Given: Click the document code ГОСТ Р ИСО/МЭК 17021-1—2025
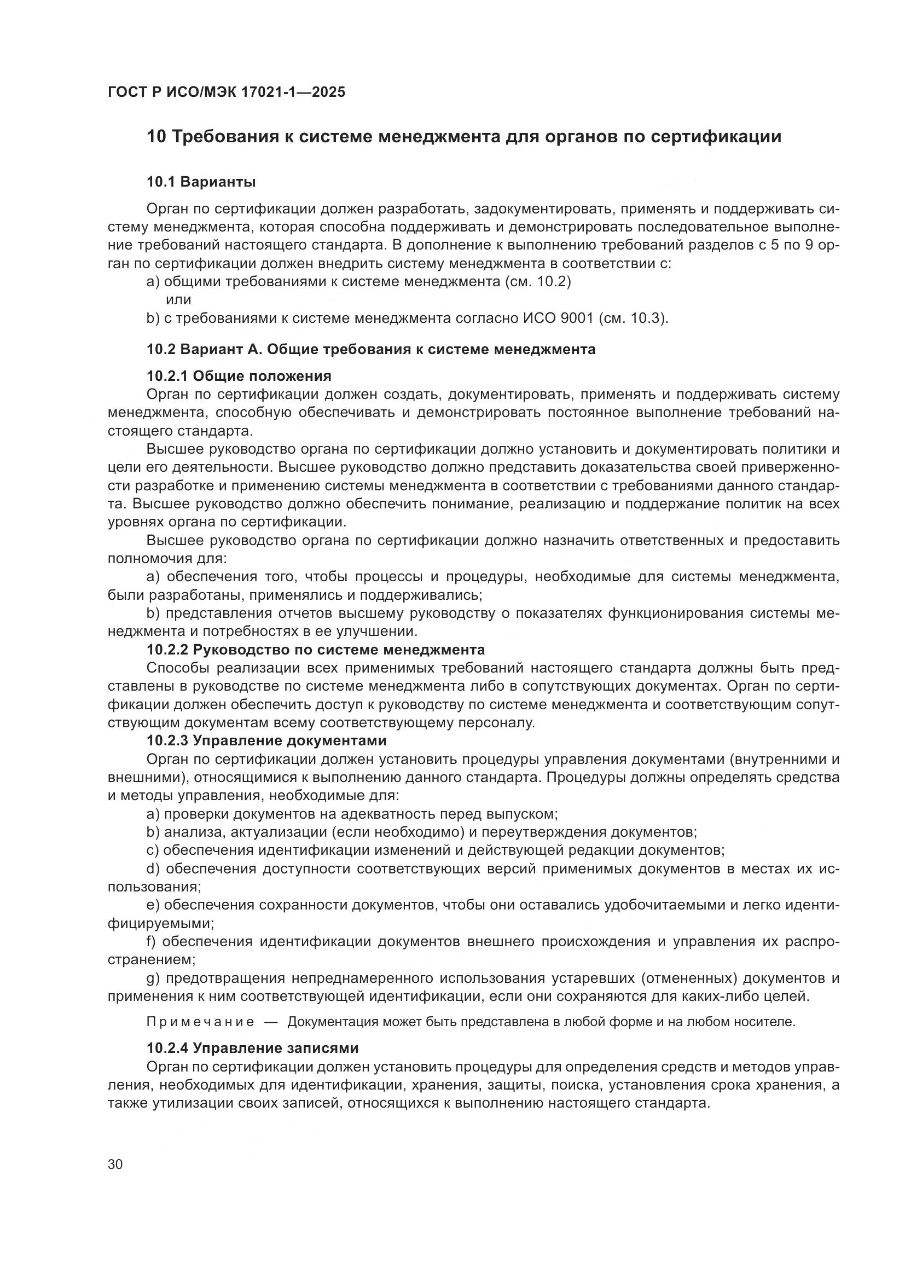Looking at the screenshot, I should [227, 92].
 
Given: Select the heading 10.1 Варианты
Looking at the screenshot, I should [201, 182].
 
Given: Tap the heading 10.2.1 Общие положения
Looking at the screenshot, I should [239, 376].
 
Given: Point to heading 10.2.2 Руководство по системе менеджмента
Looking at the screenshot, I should [315, 650].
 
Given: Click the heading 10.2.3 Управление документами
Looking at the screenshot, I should [266, 741].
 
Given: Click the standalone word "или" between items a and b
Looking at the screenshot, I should [178, 300].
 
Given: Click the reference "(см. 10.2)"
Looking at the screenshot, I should [538, 281].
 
